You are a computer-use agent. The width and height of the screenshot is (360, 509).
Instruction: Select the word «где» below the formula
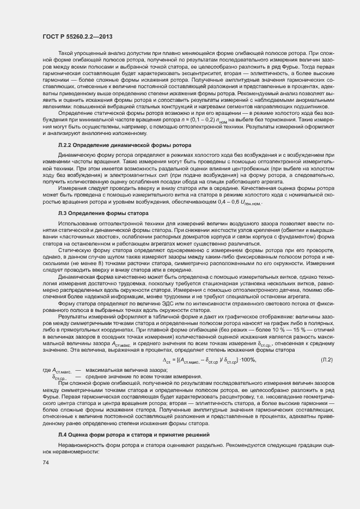[x=46, y=370]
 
